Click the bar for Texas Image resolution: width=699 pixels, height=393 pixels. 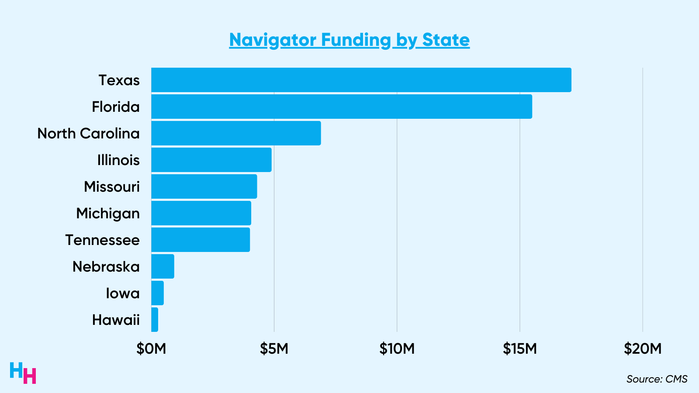(361, 80)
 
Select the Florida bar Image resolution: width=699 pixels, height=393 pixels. (342, 107)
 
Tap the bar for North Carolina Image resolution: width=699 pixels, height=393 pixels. (236, 133)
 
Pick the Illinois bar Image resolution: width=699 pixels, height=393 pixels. (211, 160)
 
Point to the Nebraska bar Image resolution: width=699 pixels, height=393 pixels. (163, 266)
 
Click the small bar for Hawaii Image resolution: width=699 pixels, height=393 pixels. (155, 320)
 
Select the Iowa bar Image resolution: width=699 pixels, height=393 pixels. (157, 293)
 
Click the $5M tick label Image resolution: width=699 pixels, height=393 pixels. (274, 348)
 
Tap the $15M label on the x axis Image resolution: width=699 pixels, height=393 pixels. (519, 348)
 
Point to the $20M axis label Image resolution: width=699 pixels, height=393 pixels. (642, 348)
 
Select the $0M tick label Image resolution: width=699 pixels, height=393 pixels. (151, 348)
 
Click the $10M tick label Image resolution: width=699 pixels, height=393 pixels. (397, 348)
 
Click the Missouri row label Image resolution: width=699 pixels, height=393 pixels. (112, 187)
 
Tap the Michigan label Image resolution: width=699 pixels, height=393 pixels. (108, 214)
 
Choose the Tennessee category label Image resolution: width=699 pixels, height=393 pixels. (102, 240)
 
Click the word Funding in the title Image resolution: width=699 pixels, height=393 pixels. (356, 40)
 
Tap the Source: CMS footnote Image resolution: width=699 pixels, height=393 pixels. (657, 379)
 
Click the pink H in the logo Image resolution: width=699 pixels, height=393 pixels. (30, 376)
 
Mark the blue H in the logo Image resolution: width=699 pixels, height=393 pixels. (16, 370)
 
